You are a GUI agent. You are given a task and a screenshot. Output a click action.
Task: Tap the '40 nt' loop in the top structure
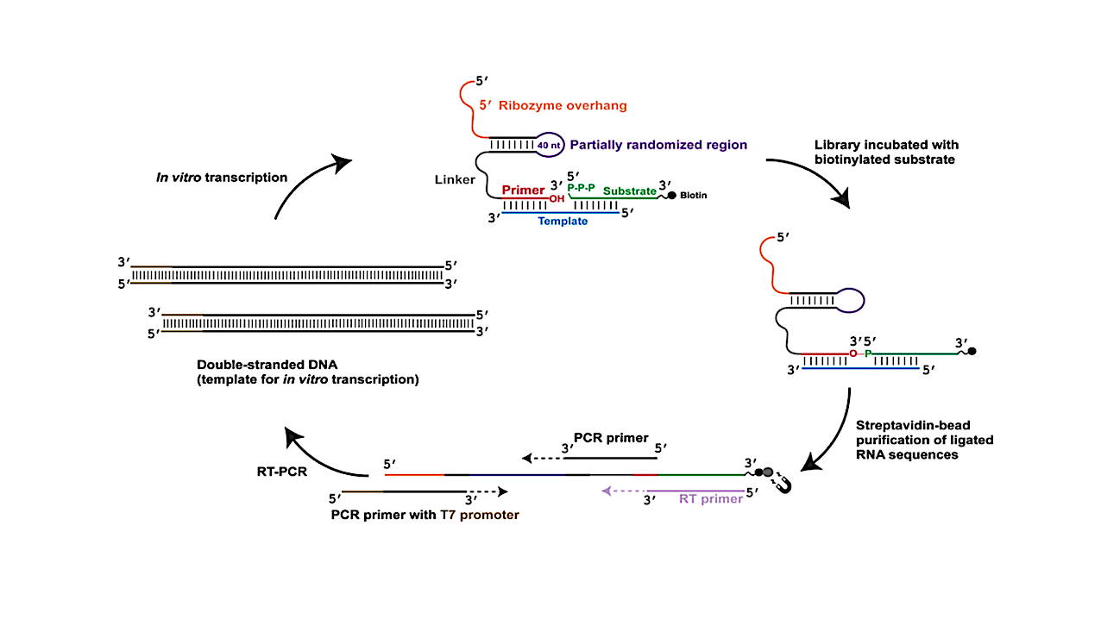(x=550, y=146)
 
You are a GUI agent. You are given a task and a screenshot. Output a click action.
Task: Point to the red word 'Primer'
(x=523, y=191)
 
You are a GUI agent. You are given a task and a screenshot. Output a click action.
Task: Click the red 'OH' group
(x=555, y=198)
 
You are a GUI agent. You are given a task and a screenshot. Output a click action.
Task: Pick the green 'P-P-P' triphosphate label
(x=581, y=187)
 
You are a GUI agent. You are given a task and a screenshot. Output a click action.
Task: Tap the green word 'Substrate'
(x=629, y=191)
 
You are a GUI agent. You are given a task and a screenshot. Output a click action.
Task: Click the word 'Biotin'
(x=693, y=195)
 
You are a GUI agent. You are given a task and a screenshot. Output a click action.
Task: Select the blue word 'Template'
(x=563, y=221)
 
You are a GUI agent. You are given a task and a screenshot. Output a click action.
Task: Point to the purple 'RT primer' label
(x=710, y=498)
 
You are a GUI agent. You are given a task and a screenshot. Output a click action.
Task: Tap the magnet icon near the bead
(x=783, y=485)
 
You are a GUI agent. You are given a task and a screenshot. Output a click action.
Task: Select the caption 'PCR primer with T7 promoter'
(x=425, y=515)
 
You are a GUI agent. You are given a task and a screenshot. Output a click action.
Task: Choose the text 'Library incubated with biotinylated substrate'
(x=885, y=151)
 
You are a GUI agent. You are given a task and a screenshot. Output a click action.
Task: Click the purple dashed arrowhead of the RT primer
(x=607, y=491)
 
